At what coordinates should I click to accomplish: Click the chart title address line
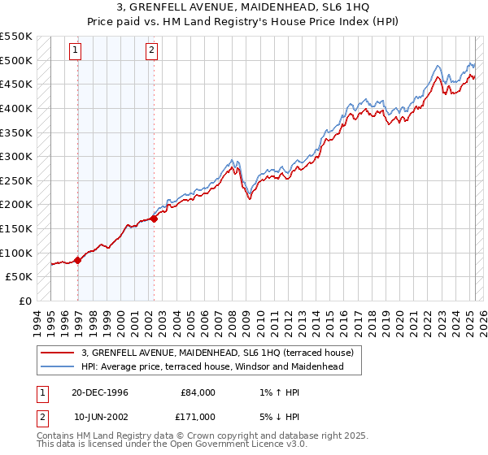[x=244, y=8]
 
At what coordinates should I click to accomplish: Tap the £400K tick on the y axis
[x=17, y=108]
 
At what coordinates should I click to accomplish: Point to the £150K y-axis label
[x=17, y=228]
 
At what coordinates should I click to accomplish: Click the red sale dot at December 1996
[x=78, y=260]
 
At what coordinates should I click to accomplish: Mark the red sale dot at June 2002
[x=154, y=219]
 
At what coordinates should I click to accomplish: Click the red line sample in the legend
[x=59, y=353]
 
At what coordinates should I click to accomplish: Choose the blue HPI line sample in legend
[x=59, y=366]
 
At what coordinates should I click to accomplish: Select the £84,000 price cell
[x=198, y=392]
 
